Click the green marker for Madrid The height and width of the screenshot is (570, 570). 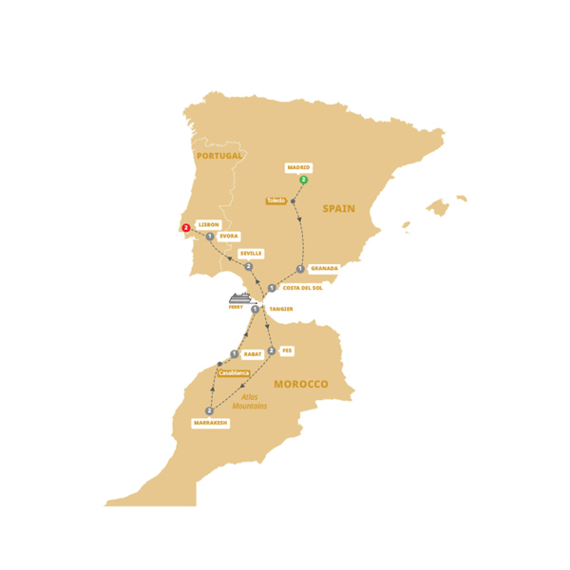pos(303,180)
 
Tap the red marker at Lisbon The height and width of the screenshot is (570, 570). pos(185,227)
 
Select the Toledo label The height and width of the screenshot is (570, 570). pos(275,200)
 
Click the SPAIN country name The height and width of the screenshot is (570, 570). pos(339,208)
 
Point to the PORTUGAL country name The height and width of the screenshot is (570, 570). pos(218,156)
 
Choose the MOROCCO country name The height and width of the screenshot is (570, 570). pos(300,384)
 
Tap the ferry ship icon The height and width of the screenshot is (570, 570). pos(238,298)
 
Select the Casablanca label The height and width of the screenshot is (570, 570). pos(234,373)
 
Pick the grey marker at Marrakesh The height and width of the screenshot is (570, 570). pos(209,410)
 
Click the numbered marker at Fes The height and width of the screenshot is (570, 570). pos(272,351)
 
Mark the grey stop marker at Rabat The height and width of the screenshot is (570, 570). pos(234,353)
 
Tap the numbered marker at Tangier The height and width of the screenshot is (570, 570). pos(255,309)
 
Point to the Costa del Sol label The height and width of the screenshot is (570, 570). pos(303,288)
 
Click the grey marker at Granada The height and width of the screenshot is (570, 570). pos(300,269)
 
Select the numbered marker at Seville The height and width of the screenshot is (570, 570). pos(249,267)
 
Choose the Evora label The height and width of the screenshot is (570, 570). pos(228,236)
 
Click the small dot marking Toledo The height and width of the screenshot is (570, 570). pos(293,201)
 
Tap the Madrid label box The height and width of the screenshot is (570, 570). pos(298,167)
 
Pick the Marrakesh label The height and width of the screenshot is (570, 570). pos(210,423)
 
